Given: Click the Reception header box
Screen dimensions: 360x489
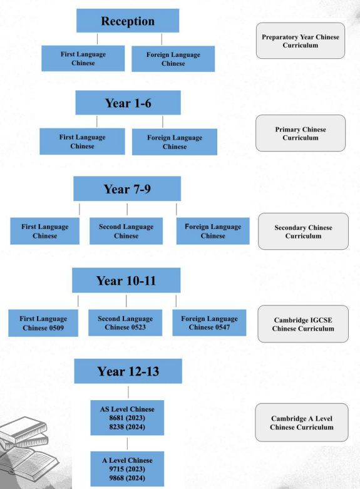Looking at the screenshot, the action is click(x=128, y=21).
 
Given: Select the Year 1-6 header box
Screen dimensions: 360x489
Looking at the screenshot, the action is click(x=128, y=103).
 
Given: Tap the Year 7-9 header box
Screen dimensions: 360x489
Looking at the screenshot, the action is click(x=127, y=188).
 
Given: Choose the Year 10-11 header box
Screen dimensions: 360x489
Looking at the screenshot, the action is click(x=126, y=280).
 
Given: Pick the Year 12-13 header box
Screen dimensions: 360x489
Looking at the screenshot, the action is click(x=128, y=371).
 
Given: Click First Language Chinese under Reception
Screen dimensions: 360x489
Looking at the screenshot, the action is click(x=83, y=58).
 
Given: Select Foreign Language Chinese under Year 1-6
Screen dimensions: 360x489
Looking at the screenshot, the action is click(x=175, y=142).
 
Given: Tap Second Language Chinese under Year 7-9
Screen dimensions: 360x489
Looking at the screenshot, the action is click(x=126, y=231).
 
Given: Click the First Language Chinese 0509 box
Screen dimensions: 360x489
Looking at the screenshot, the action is click(x=43, y=323).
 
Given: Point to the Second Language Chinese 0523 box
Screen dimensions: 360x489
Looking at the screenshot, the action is click(x=125, y=323).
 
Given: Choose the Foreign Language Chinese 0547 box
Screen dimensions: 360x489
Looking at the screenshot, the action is click(x=209, y=323).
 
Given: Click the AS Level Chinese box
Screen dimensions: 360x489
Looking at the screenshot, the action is click(x=127, y=418).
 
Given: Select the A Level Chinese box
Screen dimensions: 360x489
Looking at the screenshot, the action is click(x=127, y=469).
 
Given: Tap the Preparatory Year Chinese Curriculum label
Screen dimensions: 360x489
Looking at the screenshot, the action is click(x=301, y=41).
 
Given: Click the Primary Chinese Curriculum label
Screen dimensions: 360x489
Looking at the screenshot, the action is click(x=301, y=133).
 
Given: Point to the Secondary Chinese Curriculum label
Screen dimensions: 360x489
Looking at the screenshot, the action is click(x=303, y=232).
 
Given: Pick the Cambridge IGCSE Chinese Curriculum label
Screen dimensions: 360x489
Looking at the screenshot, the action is click(x=303, y=324).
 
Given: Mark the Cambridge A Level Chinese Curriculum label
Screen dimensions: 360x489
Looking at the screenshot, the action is click(x=302, y=423).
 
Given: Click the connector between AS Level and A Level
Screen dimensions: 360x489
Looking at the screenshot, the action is click(x=127, y=443).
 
